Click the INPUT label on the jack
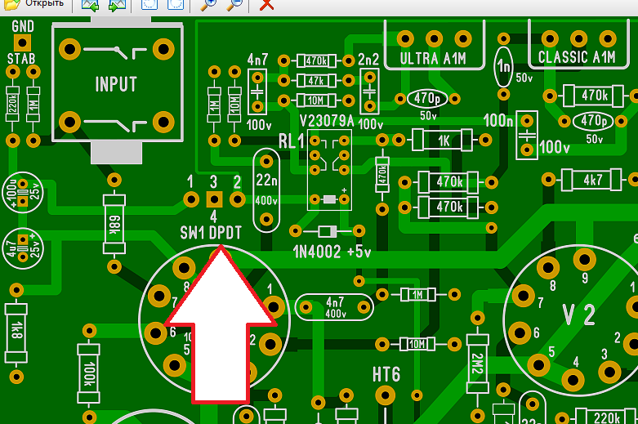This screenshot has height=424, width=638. (x=115, y=84)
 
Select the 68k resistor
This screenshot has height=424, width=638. (x=114, y=223)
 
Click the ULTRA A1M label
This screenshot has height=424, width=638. (x=433, y=58)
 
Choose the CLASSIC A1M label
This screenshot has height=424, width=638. (x=577, y=57)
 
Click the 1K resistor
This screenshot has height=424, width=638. (x=444, y=141)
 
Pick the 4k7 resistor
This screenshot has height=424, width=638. (x=591, y=179)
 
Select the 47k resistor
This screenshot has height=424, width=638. (x=314, y=80)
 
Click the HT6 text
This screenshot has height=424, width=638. (x=386, y=374)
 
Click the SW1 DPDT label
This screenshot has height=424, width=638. (x=211, y=233)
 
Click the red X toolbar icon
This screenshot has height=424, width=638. (x=266, y=5)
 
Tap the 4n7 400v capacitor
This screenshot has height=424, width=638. (x=334, y=306)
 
